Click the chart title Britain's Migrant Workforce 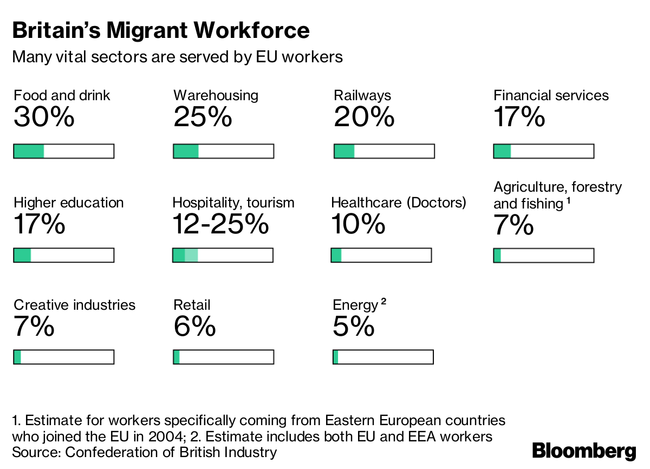(x=161, y=30)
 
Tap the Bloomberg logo (x=584, y=451)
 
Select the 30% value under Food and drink (x=44, y=118)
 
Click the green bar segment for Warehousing (x=186, y=151)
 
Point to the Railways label (x=362, y=96)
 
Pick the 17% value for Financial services (x=519, y=118)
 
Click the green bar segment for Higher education (x=22, y=255)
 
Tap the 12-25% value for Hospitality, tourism (x=220, y=224)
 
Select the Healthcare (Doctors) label (x=399, y=203)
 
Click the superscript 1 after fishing (x=568, y=201)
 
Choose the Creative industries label (x=75, y=305)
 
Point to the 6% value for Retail (x=194, y=327)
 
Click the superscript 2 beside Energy (x=383, y=302)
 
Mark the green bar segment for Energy (x=336, y=357)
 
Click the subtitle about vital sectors (x=177, y=57)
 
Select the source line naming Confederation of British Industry (x=145, y=452)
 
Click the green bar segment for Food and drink (x=29, y=151)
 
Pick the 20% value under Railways (x=364, y=118)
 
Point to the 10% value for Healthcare (x=358, y=224)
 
